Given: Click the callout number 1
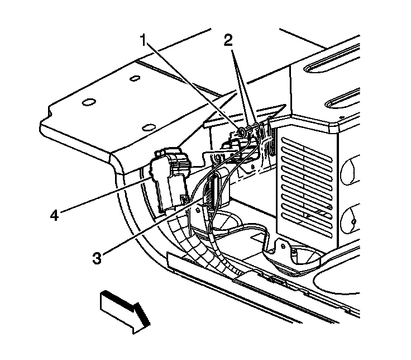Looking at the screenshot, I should click(x=144, y=40).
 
